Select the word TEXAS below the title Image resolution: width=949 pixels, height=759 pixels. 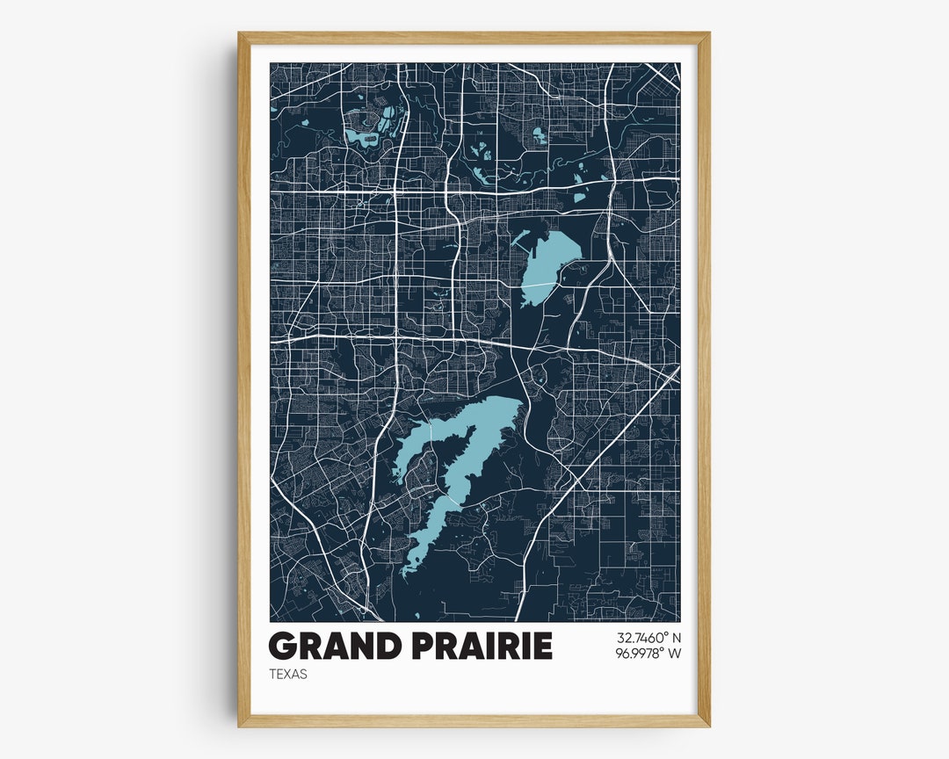[x=288, y=675]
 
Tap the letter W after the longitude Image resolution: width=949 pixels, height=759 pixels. [x=674, y=653]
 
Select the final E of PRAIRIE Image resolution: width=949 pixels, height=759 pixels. [x=542, y=646]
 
